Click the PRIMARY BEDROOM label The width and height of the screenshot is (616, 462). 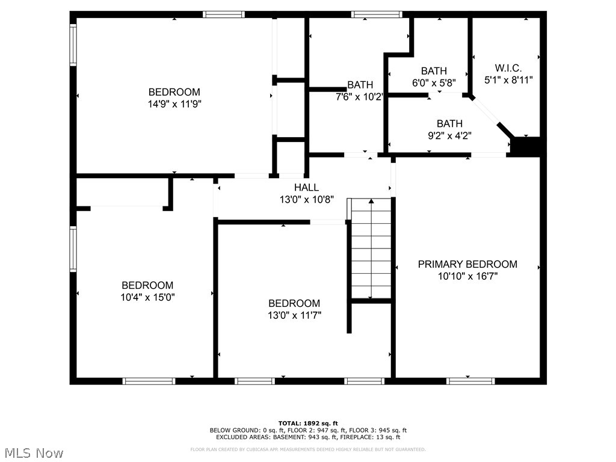[x=467, y=264]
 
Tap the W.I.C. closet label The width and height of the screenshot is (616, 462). [x=508, y=68]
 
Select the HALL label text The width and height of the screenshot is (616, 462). [x=306, y=188]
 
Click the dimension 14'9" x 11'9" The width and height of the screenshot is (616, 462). [x=174, y=103]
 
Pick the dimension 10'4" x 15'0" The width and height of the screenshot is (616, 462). [x=147, y=297]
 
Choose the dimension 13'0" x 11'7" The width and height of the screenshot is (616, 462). [x=294, y=315]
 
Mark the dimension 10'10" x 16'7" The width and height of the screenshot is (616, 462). [x=467, y=276]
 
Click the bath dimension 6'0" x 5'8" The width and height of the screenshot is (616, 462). [x=434, y=82]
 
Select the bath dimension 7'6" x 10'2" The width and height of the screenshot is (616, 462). [x=360, y=96]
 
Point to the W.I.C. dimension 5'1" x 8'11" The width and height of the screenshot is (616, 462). [x=508, y=79]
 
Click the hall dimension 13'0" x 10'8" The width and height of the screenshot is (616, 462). [x=306, y=199]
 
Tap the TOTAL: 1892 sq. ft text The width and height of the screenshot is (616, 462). [x=308, y=423]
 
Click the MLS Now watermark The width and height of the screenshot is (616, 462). [x=34, y=452]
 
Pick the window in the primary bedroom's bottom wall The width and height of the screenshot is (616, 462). [x=471, y=381]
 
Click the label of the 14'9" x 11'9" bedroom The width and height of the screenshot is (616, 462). [x=174, y=92]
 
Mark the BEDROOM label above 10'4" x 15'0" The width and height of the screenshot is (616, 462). [x=147, y=285]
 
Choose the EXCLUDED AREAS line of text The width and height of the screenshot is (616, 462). [x=308, y=437]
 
